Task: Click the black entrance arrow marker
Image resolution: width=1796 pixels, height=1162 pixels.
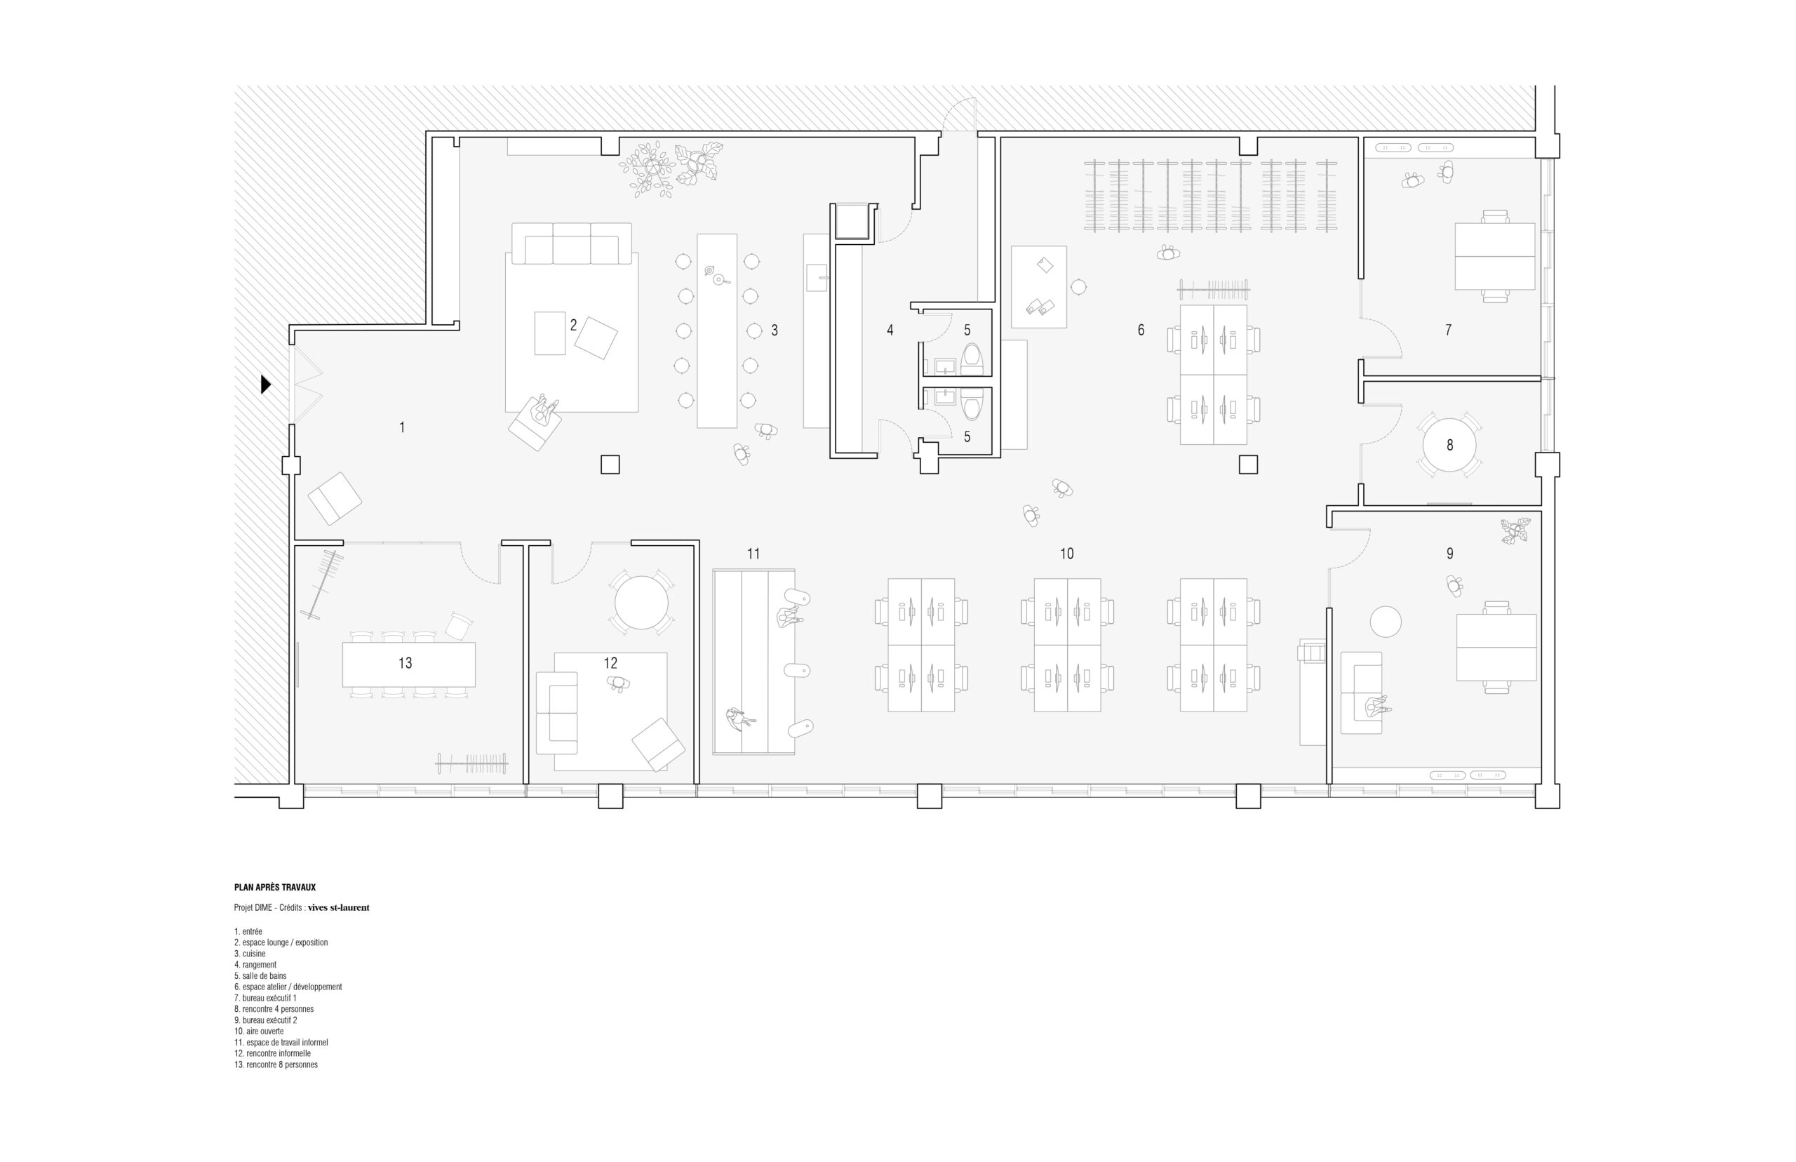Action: pyautogui.click(x=264, y=384)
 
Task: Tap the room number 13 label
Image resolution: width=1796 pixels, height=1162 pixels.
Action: pyautogui.click(x=405, y=662)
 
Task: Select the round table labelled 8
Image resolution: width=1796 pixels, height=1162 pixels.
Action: pyautogui.click(x=1449, y=445)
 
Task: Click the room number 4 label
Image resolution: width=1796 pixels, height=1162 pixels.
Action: pyautogui.click(x=890, y=330)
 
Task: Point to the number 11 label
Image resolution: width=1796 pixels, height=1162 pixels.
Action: pyautogui.click(x=753, y=553)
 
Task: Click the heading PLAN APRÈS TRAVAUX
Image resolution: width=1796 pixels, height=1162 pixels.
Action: pyautogui.click(x=274, y=888)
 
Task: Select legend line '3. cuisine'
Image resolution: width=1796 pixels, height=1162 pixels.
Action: pyautogui.click(x=250, y=954)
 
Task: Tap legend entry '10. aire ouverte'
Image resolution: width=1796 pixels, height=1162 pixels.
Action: pyautogui.click(x=259, y=1031)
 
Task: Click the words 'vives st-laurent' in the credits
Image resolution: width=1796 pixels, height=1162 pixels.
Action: pyautogui.click(x=339, y=908)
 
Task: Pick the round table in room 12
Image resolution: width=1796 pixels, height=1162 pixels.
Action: pyautogui.click(x=641, y=603)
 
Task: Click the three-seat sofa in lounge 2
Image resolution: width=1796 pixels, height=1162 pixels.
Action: pyautogui.click(x=571, y=243)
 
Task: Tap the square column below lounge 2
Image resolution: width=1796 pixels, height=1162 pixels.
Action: pyautogui.click(x=610, y=464)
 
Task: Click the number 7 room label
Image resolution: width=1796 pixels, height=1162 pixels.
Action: pyautogui.click(x=1448, y=330)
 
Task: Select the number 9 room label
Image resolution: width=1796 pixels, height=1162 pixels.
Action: pyautogui.click(x=1449, y=553)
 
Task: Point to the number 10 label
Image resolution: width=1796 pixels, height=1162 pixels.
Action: pyautogui.click(x=1066, y=553)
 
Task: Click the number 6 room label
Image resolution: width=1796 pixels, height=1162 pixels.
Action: pyautogui.click(x=1141, y=330)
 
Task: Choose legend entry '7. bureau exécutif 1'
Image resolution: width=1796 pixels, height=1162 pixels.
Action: pyautogui.click(x=265, y=999)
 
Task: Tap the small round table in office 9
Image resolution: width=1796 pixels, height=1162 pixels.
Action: pyautogui.click(x=1385, y=622)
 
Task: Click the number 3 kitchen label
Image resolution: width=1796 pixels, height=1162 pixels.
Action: pyautogui.click(x=774, y=330)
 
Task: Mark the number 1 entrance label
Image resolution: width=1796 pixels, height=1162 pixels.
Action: pyautogui.click(x=402, y=427)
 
